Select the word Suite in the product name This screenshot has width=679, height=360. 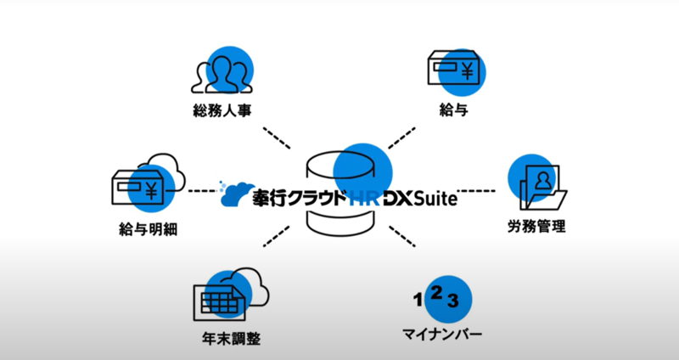[433, 199]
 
